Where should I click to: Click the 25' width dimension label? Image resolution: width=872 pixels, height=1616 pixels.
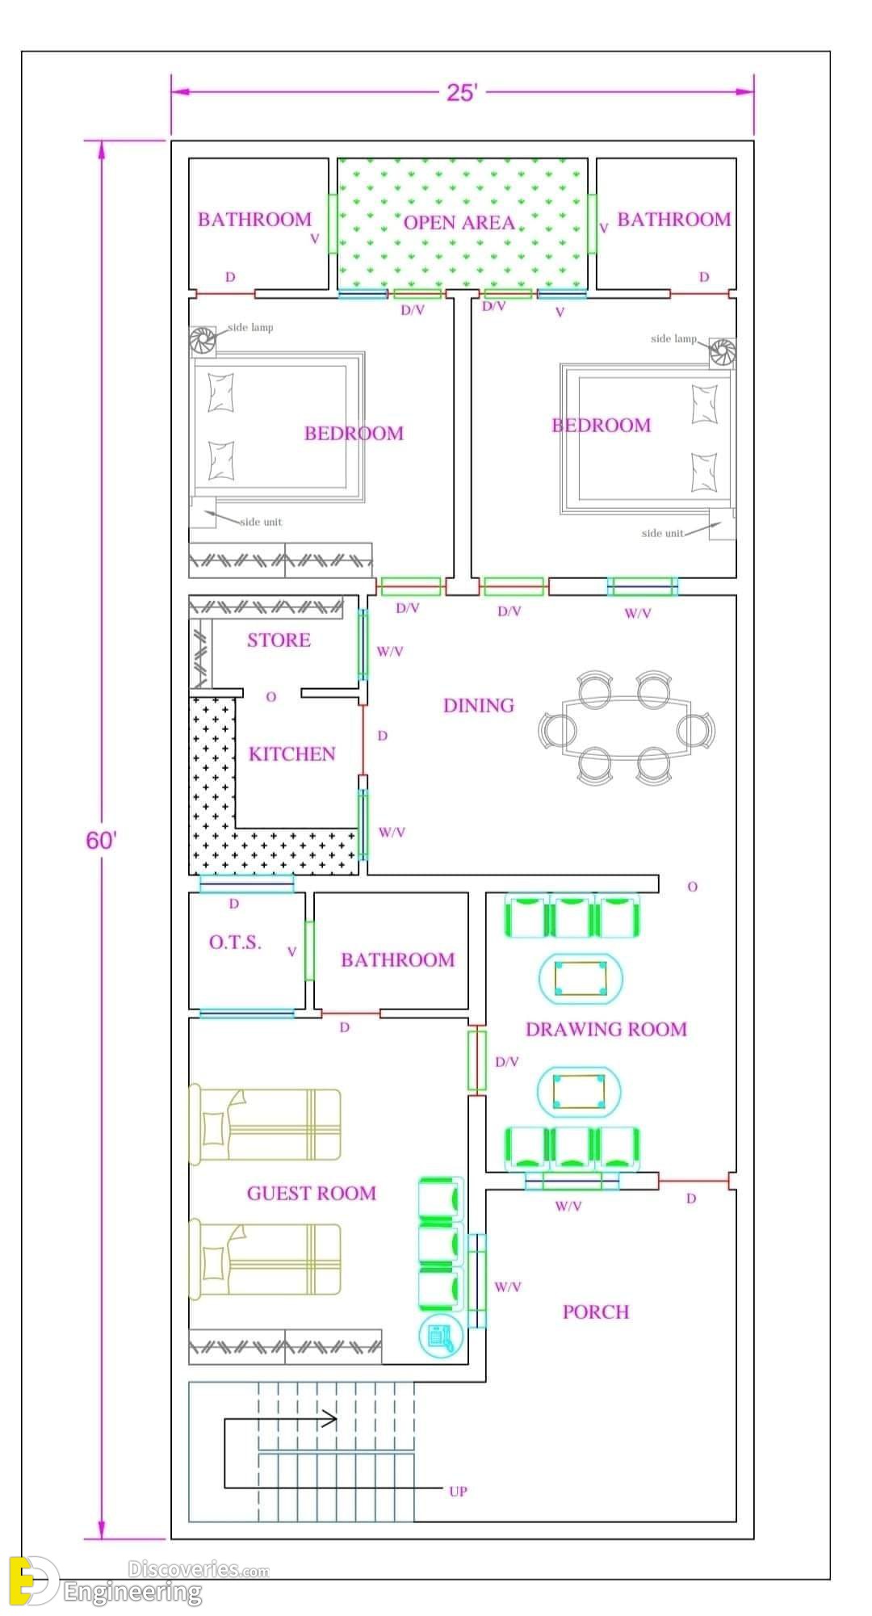462,93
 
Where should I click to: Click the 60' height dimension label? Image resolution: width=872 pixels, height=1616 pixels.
101,841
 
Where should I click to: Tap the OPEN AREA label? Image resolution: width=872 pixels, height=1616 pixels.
459,223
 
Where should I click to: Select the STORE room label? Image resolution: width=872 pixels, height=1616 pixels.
279,640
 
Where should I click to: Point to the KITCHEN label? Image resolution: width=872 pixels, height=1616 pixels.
291,754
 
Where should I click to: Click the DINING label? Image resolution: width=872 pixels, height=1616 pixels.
479,706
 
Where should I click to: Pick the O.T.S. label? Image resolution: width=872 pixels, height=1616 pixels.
235,942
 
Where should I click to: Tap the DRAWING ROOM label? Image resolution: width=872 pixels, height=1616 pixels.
606,1030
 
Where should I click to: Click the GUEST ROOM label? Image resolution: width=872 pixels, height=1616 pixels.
312,1194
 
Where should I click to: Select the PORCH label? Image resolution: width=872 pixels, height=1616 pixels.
596,1312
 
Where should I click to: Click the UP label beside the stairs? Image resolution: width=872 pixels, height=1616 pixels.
458,1492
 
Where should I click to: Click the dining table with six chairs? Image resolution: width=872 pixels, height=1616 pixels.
627,728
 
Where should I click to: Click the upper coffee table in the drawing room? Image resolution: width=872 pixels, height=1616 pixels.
581,978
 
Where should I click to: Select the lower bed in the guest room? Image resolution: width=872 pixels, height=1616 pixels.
265,1259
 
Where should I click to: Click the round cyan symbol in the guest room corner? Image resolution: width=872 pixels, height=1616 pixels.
440,1337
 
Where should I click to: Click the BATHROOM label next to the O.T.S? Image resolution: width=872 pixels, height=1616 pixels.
397,960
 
